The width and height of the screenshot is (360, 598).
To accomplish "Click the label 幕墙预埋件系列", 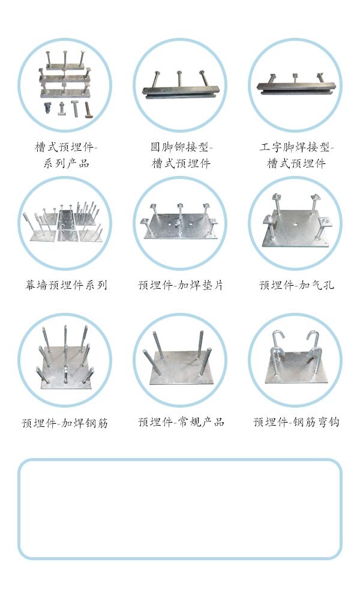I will tap(62, 285).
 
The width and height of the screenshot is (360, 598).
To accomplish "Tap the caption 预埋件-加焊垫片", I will tap(181, 285).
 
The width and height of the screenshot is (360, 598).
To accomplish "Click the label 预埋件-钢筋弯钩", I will tap(296, 422).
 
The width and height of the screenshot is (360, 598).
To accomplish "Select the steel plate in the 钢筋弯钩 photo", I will tap(296, 367).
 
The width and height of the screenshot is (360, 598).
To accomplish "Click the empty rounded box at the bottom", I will tap(180, 509).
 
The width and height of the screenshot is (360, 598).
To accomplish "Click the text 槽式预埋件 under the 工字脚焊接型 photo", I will tap(296, 163).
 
